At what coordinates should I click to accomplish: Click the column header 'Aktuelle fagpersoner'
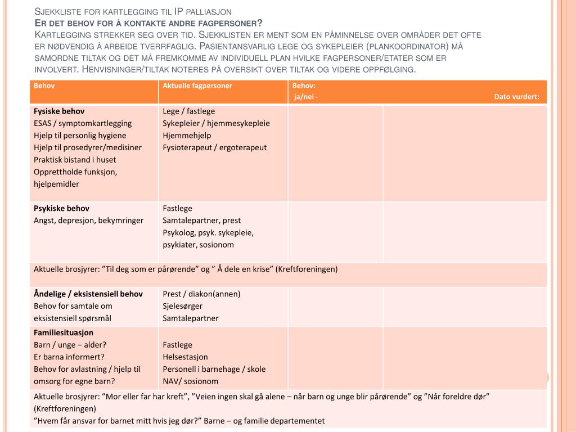(x=197, y=86)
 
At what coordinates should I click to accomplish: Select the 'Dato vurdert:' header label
(x=516, y=97)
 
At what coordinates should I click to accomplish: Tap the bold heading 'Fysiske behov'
(x=59, y=111)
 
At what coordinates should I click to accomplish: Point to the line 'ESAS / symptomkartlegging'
(x=82, y=123)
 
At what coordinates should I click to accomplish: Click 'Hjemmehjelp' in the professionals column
(x=187, y=136)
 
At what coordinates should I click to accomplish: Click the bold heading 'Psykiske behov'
(x=61, y=208)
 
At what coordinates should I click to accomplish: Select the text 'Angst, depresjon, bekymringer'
(x=88, y=220)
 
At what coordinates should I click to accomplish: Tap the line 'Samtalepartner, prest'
(x=201, y=220)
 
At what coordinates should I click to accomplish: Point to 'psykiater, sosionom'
(x=198, y=245)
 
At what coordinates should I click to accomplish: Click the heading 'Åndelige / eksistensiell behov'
(x=88, y=294)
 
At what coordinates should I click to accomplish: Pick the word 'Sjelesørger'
(x=182, y=306)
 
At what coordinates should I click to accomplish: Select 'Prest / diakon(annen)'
(x=201, y=294)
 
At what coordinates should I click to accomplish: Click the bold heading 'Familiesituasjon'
(x=64, y=332)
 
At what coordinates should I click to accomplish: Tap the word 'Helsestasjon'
(x=185, y=357)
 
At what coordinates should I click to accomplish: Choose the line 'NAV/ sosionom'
(x=190, y=381)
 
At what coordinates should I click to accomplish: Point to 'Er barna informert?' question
(x=69, y=357)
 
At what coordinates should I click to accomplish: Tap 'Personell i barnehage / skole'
(x=214, y=369)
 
